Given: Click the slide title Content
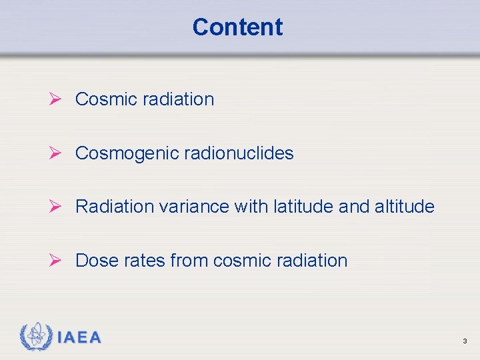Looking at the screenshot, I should (237, 27).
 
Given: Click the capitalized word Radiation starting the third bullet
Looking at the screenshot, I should (115, 207).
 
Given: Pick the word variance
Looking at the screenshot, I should (194, 207).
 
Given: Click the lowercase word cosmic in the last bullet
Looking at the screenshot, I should (241, 261).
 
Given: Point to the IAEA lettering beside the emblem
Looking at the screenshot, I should (79, 337).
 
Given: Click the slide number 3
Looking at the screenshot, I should (465, 341).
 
